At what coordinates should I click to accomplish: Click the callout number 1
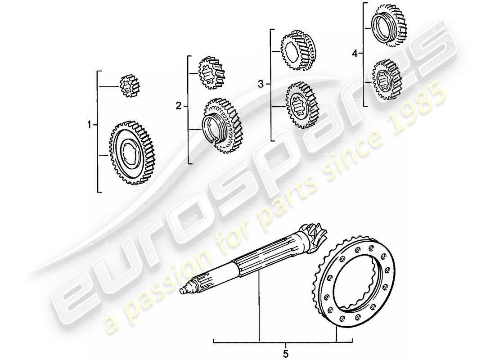click(89, 124)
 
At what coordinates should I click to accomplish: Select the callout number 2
click(179, 106)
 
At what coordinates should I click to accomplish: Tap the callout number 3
click(261, 84)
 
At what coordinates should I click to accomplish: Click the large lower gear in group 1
click(132, 152)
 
